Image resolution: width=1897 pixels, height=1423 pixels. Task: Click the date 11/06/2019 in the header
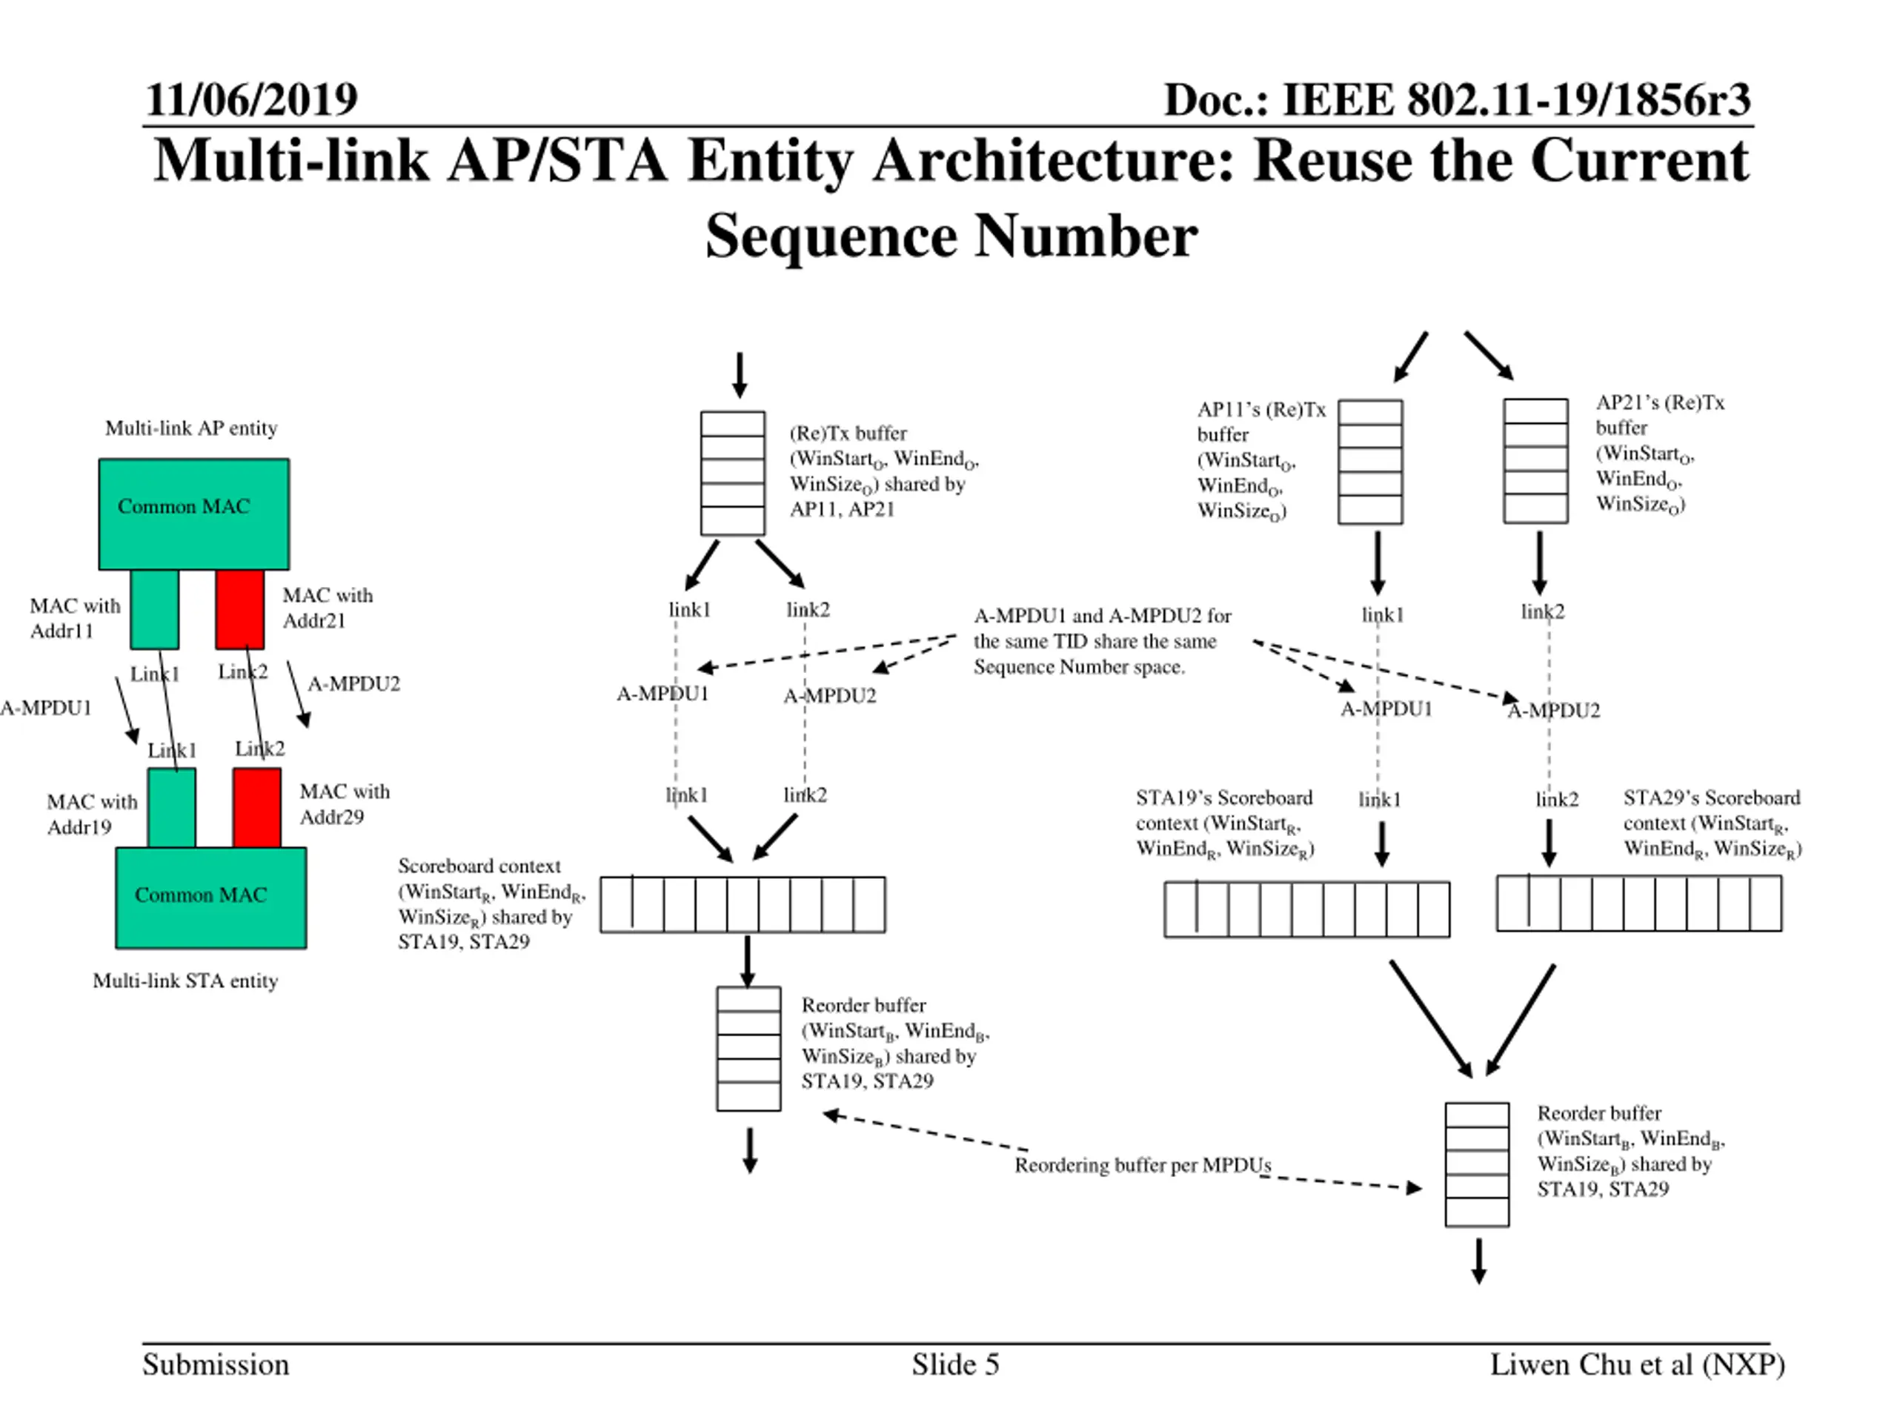[251, 99]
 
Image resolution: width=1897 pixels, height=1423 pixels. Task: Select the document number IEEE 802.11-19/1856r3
[1516, 99]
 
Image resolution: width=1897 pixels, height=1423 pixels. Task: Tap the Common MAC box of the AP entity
[194, 514]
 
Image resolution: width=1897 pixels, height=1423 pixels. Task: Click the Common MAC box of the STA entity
[211, 898]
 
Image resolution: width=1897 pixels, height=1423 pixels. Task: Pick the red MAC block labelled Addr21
[240, 609]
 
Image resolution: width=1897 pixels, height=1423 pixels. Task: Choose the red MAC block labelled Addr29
[257, 807]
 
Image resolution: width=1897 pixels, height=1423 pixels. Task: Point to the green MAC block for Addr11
[155, 609]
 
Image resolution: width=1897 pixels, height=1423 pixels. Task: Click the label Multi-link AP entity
[191, 428]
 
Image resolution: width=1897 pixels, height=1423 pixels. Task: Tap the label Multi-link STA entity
[185, 981]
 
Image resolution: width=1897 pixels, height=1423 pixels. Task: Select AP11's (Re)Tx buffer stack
[1370, 462]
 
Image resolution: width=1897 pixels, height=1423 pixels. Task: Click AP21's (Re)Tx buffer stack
[1536, 460]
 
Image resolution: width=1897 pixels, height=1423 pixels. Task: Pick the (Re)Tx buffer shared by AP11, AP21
[732, 474]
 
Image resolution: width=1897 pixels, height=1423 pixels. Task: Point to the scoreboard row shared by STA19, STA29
[742, 905]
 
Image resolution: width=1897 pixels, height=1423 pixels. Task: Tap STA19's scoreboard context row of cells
[1307, 909]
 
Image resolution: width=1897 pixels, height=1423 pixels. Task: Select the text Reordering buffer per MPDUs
[1143, 1165]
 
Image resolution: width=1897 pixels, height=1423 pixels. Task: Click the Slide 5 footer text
[955, 1364]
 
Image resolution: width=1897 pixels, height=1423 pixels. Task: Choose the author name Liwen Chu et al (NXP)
[1637, 1364]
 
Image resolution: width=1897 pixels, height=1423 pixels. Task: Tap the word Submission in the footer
[216, 1364]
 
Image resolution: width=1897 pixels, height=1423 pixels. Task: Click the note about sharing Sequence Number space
[1103, 642]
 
